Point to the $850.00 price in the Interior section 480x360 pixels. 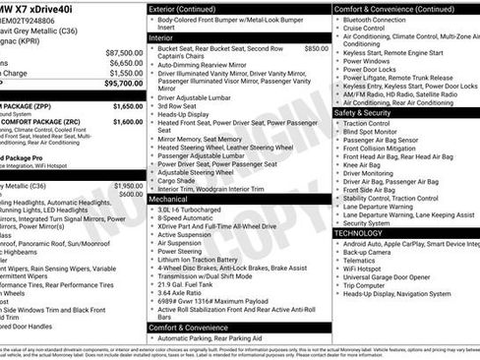coord(317,47)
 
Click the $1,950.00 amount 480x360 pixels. coord(128,185)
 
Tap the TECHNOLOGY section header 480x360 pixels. coord(363,233)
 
